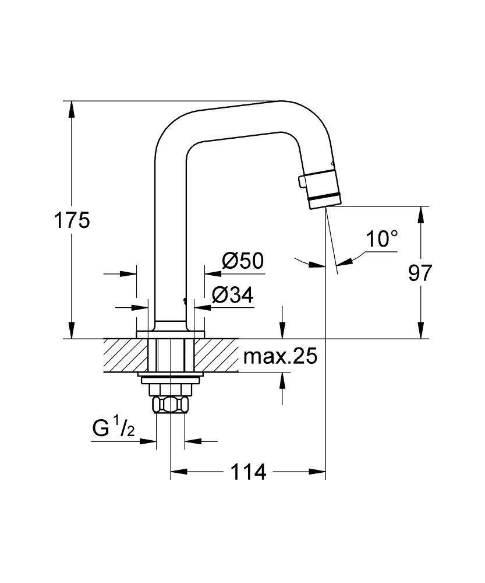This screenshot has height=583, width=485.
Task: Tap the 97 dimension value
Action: (420, 273)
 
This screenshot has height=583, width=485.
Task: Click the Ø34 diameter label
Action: (232, 296)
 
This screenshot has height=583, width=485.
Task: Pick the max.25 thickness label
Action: (280, 356)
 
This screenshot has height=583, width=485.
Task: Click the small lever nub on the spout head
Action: (301, 182)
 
